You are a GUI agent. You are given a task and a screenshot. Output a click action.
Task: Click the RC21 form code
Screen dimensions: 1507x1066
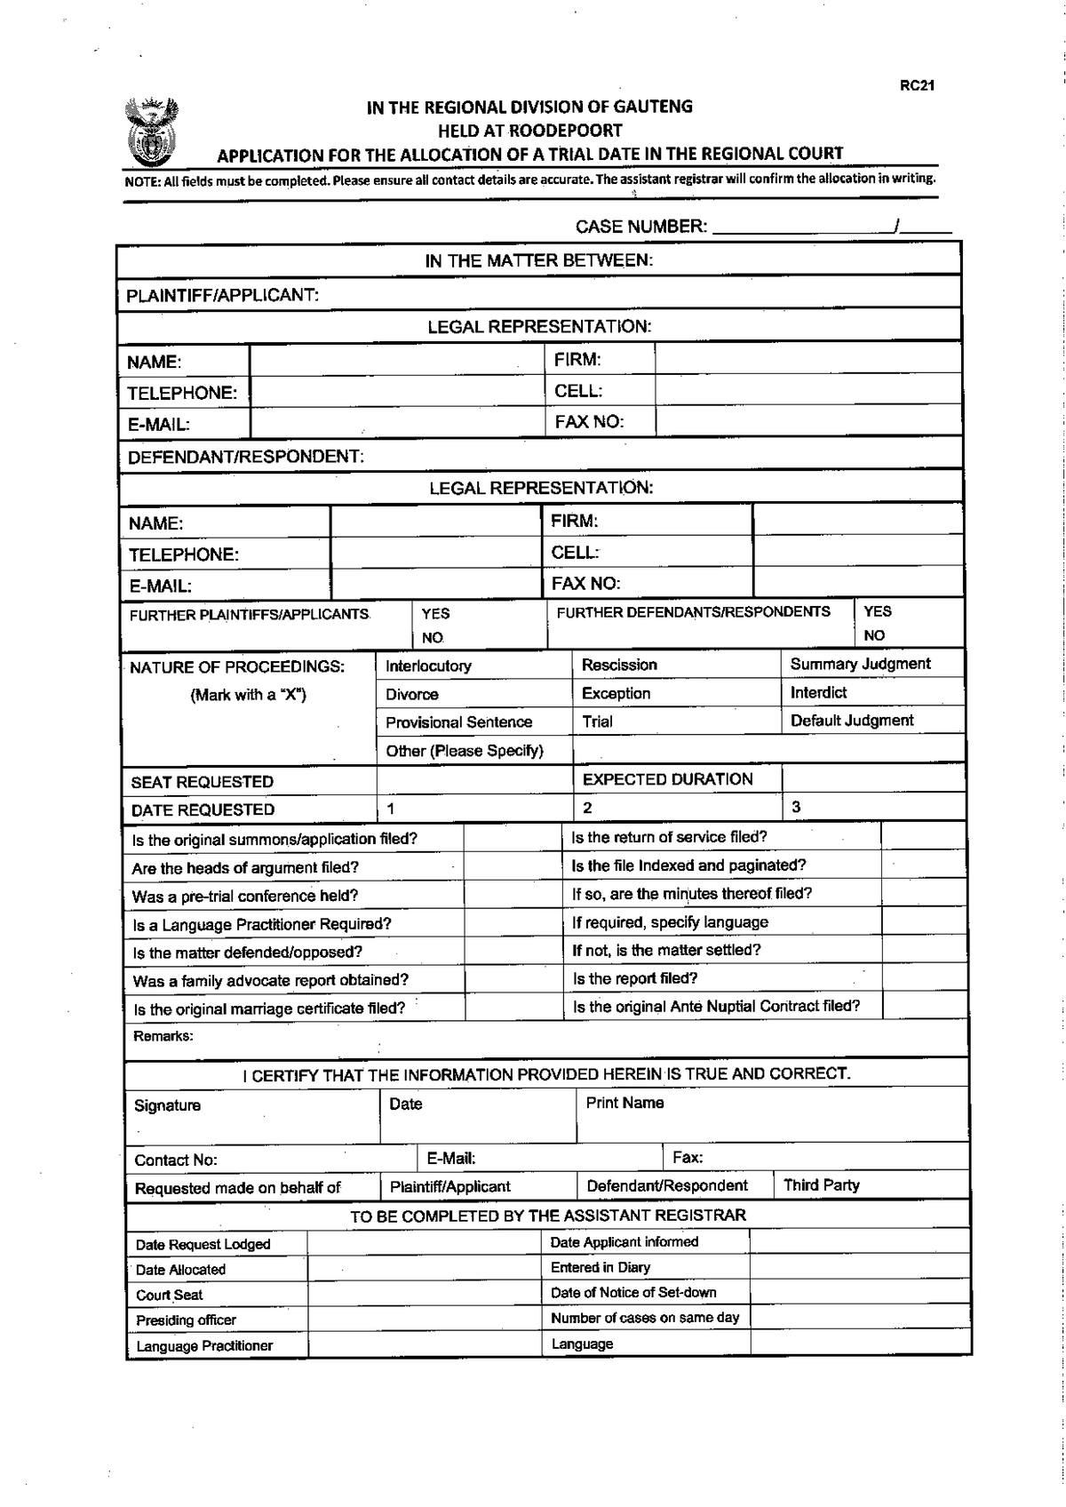click(x=917, y=86)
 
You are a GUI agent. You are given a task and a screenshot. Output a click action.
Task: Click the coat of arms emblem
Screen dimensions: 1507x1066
click(x=151, y=132)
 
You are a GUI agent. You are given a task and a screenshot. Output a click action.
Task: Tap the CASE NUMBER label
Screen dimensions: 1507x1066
click(x=640, y=227)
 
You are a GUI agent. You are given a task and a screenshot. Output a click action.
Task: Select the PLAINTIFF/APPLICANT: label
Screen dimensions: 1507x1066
click(x=222, y=295)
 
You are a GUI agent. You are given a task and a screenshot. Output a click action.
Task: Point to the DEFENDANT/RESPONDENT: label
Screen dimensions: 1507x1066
click(x=245, y=457)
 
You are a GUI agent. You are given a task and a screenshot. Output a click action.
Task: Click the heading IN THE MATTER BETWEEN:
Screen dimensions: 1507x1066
click(x=538, y=260)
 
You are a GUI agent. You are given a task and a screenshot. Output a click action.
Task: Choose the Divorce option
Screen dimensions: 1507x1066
click(x=412, y=694)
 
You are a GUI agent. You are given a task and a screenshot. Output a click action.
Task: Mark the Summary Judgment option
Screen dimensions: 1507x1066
click(x=860, y=664)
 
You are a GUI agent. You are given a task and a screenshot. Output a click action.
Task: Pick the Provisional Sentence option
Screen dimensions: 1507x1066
click(x=458, y=722)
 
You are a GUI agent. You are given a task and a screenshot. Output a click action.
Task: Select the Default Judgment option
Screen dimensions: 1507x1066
click(x=851, y=721)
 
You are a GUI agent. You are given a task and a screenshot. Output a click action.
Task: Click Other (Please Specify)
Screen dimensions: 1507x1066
click(x=464, y=751)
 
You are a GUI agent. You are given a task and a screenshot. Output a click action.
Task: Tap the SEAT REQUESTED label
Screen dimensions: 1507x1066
click(x=202, y=782)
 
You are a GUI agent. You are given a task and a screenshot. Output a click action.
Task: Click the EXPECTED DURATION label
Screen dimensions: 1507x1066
click(x=667, y=779)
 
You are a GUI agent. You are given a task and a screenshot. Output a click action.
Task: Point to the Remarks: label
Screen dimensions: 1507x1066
click(x=163, y=1036)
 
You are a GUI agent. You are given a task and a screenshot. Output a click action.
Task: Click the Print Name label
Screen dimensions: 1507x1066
click(x=624, y=1103)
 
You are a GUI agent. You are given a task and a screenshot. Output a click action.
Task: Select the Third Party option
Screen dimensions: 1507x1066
click(x=821, y=1185)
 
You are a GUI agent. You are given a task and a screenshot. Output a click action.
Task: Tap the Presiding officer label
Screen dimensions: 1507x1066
click(x=186, y=1320)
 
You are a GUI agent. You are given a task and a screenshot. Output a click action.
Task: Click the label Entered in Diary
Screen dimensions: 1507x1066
click(x=600, y=1267)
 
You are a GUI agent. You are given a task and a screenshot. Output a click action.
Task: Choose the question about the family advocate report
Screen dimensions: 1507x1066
click(x=270, y=981)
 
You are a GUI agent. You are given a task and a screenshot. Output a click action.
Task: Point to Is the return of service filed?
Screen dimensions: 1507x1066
click(x=669, y=837)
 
